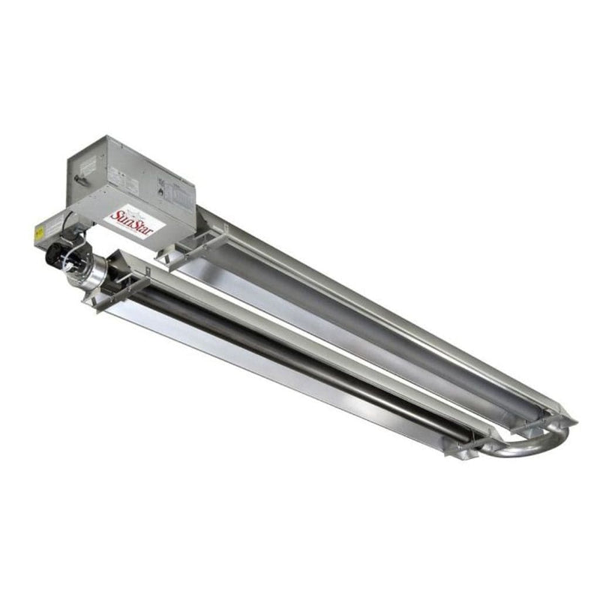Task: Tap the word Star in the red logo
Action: point(142,226)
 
